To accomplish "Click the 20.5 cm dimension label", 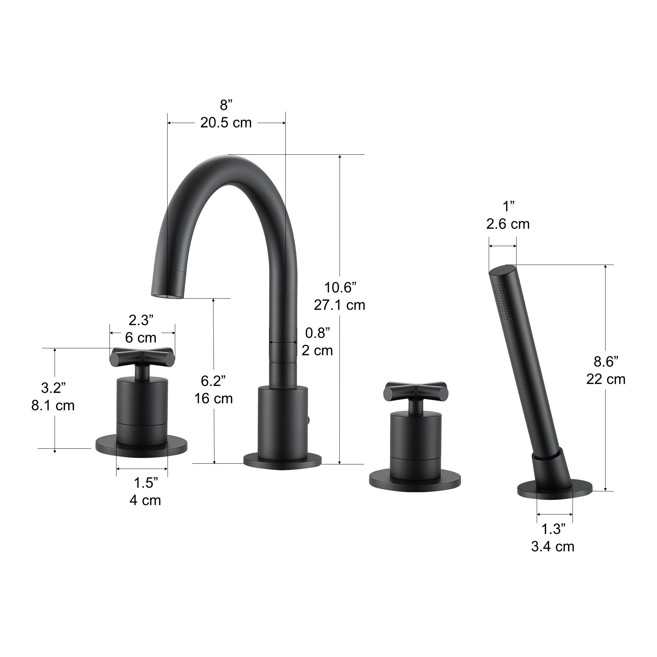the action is click(x=226, y=123).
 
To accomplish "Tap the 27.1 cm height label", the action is click(x=339, y=305).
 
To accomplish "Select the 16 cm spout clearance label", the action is click(x=213, y=398).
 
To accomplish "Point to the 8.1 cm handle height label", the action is click(x=53, y=405).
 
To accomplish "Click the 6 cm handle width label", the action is click(x=140, y=337).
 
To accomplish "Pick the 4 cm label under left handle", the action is click(x=145, y=500).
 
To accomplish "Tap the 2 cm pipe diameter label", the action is click(x=317, y=350).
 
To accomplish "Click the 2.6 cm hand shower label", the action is click(x=508, y=224).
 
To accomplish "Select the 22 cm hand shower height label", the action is click(x=606, y=379).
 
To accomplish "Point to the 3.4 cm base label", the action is click(x=552, y=547).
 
